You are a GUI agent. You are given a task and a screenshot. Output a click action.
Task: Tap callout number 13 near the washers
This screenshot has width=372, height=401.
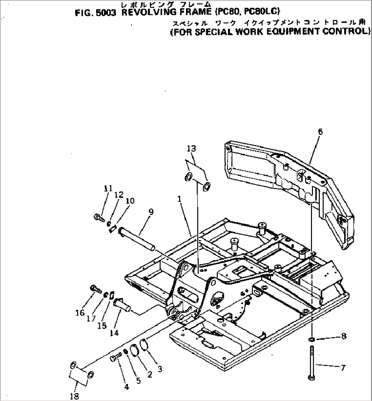pos(192,149)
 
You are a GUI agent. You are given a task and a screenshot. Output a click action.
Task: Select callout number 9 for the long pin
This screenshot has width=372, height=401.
pos(151,212)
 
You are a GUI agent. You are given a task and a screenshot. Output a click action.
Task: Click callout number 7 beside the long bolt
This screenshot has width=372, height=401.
pos(343,368)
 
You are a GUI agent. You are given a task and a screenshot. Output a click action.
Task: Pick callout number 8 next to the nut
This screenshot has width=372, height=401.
pos(343,337)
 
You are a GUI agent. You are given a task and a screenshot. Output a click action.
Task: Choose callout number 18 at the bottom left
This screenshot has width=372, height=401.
pos(75,396)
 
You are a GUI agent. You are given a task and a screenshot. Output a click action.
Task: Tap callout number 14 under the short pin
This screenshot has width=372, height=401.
pos(114,333)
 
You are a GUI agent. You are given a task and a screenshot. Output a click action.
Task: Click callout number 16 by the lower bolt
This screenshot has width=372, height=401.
pos(80,312)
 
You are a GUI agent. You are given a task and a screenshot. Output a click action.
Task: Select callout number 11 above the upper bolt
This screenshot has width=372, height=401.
pos(108,188)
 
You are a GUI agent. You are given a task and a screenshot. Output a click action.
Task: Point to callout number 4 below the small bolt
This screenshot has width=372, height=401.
pos(126,386)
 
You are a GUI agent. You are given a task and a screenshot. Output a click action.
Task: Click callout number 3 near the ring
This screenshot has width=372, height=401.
pos(159,369)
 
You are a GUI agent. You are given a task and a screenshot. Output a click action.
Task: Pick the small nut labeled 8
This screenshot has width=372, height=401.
pos(311,339)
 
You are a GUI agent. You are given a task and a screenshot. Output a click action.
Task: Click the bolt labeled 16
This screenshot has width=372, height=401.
pos(96,289)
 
